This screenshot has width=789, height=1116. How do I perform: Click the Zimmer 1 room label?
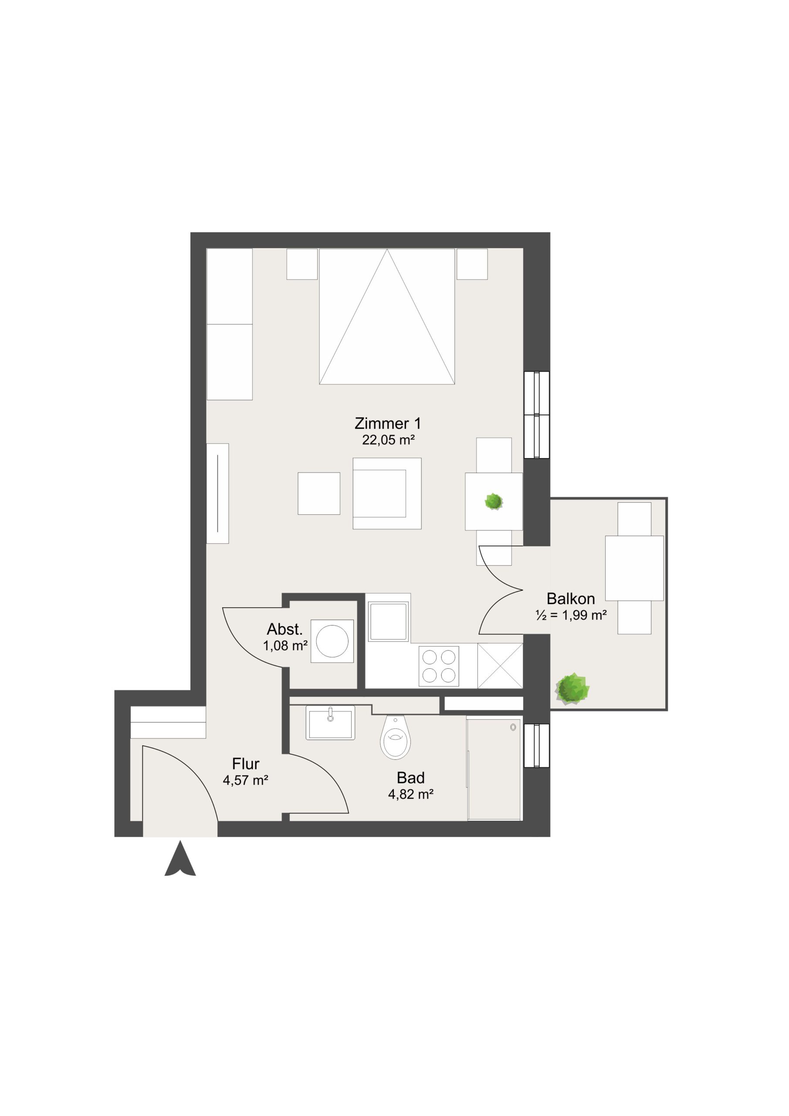388,423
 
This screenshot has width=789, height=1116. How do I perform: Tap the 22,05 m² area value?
388,440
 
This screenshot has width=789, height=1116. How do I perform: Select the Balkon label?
570,599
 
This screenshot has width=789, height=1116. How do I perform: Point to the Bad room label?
410,778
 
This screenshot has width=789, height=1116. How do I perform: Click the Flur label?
246,764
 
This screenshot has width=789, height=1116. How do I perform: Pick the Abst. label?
284,629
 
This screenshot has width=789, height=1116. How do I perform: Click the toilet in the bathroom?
396,737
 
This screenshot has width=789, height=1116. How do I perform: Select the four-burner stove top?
439,666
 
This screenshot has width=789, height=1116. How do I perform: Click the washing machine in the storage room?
332,641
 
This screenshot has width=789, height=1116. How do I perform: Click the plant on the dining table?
494,502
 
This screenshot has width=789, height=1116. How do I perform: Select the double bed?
387,316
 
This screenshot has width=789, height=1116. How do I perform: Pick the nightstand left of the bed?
302,264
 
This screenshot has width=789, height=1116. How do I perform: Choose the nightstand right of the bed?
472,264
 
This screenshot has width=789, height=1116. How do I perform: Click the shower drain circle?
513,728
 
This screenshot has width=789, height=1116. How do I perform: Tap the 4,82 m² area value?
410,795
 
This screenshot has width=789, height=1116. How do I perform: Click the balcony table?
634,568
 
